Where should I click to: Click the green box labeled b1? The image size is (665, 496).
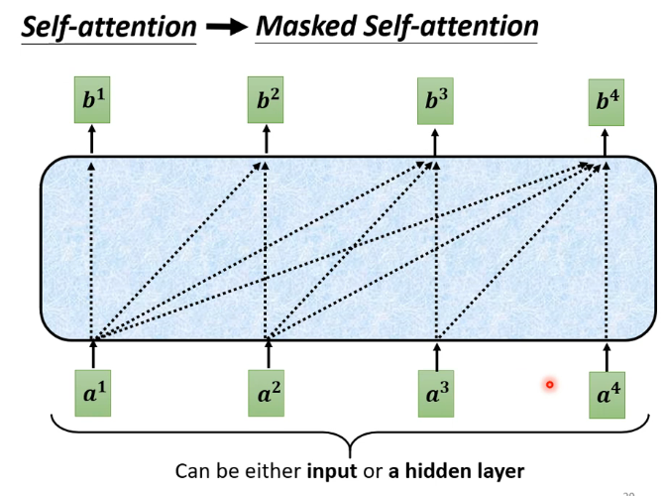[93, 99]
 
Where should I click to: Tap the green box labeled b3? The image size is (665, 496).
[436, 99]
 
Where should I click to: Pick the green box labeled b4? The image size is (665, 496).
[607, 102]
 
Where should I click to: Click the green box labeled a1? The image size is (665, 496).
[93, 394]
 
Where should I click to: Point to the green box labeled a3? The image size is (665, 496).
[437, 394]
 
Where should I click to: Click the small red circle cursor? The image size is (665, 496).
[549, 384]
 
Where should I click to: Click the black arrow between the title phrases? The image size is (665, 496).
[226, 28]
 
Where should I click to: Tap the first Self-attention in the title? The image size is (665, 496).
[109, 28]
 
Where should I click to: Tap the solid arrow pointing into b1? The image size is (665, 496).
[93, 139]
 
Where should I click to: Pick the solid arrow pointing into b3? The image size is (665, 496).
[436, 139]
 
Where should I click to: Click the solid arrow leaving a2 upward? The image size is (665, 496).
[269, 354]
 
